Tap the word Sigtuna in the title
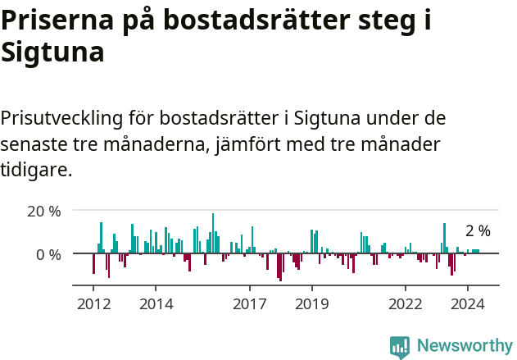pyautogui.click(x=52, y=52)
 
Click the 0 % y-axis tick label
pyautogui.click(x=49, y=254)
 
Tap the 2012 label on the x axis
pyautogui.click(x=93, y=303)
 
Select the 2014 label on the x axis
pyautogui.click(x=156, y=303)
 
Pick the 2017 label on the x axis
pyautogui.click(x=250, y=303)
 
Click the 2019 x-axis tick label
pyautogui.click(x=312, y=303)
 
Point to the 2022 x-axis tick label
pyautogui.click(x=406, y=303)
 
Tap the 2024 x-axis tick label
pyautogui.click(x=468, y=303)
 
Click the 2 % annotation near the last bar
pyautogui.click(x=478, y=231)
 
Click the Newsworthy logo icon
pyautogui.click(x=400, y=347)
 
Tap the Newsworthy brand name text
pyautogui.click(x=464, y=346)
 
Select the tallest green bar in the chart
pyautogui.click(x=213, y=233)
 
